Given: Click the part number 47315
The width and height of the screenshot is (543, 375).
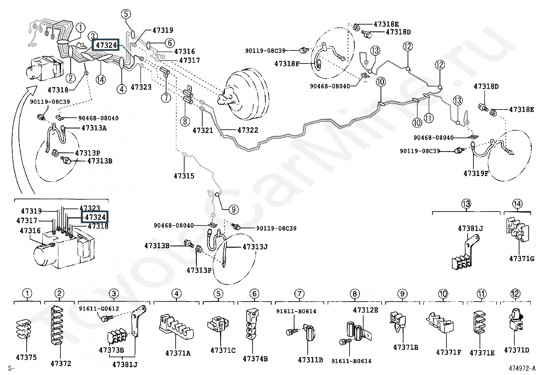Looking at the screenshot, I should (x=184, y=176).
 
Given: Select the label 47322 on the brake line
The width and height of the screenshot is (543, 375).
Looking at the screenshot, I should (x=248, y=130).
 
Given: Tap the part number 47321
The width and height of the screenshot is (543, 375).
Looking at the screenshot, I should (x=203, y=130).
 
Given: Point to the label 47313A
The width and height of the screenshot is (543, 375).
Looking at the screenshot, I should (x=94, y=128).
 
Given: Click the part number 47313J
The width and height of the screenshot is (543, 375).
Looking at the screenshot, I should (x=255, y=246).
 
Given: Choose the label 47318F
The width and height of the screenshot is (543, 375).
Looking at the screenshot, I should (x=287, y=63).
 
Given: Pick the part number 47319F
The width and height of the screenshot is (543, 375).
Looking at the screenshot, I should (x=476, y=173).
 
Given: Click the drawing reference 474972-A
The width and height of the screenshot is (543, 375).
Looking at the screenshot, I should (x=522, y=369).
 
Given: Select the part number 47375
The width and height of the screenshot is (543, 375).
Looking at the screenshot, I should (x=26, y=357).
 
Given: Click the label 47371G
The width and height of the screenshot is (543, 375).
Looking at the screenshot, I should (x=522, y=259).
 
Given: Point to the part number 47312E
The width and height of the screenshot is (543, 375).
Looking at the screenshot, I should (x=365, y=310).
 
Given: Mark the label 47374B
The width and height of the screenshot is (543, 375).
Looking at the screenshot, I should (x=255, y=359).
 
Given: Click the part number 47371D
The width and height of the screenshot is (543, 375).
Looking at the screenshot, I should (x=517, y=350).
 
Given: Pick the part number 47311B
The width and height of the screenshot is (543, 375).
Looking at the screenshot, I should (x=310, y=360).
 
